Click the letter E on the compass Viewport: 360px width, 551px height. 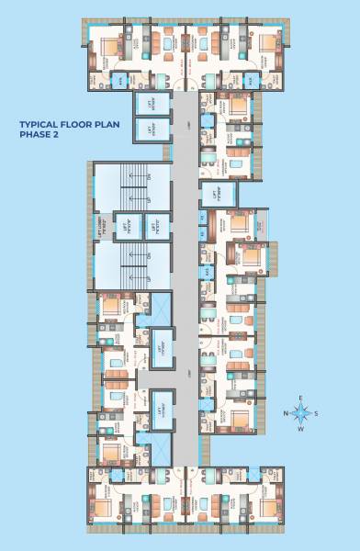point(301,397)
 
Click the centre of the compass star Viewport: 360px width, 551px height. point(301,413)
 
